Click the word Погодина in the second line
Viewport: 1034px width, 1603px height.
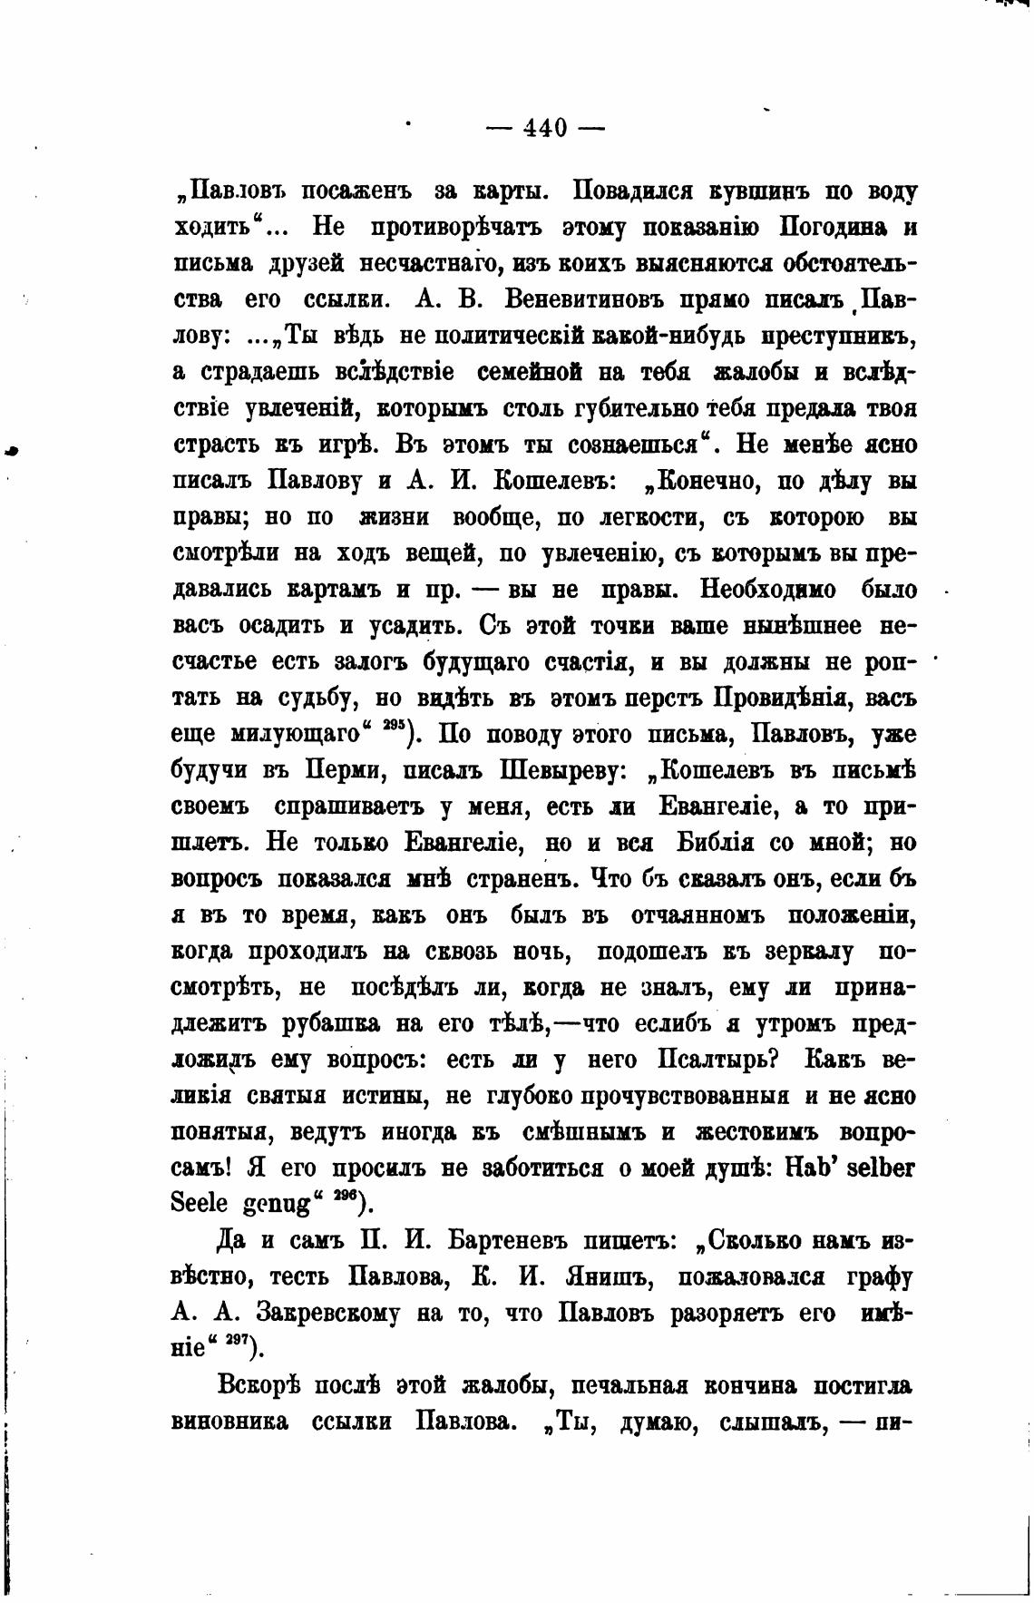(x=833, y=227)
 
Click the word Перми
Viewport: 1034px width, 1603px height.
(x=340, y=771)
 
